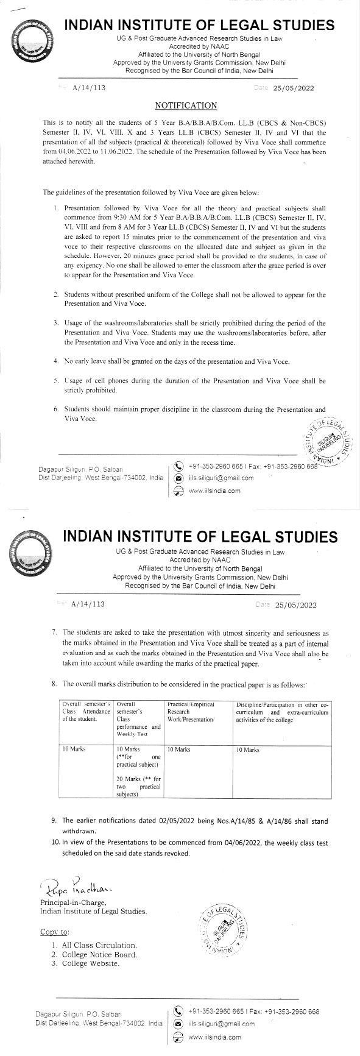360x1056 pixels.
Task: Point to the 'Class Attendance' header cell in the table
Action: (x=86, y=712)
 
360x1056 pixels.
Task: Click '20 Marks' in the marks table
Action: (x=128, y=776)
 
